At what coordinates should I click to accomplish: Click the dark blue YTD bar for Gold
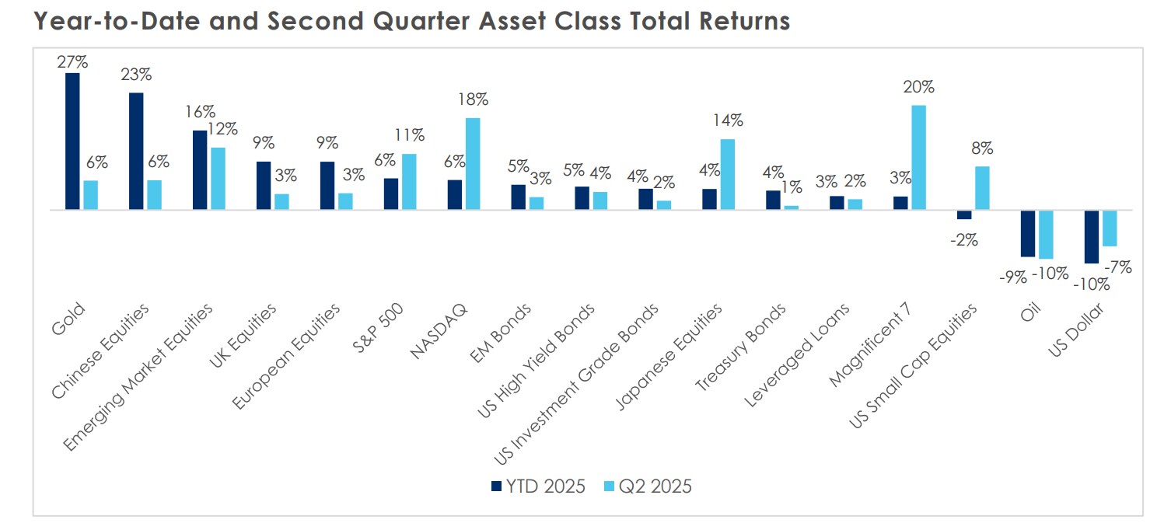point(72,141)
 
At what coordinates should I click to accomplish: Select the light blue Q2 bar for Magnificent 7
point(918,158)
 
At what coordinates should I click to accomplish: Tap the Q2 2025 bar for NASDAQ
point(472,164)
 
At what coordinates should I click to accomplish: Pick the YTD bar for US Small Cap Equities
point(964,215)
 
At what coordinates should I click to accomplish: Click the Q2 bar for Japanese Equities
point(727,174)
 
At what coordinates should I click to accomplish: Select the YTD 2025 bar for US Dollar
point(1092,237)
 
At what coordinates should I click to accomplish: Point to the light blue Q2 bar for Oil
point(1045,235)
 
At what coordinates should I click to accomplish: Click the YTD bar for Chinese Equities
point(136,152)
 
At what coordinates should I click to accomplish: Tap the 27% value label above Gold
point(72,61)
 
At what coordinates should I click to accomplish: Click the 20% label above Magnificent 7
point(918,87)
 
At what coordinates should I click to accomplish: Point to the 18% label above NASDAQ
point(472,99)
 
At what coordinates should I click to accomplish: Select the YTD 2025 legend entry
point(537,486)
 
